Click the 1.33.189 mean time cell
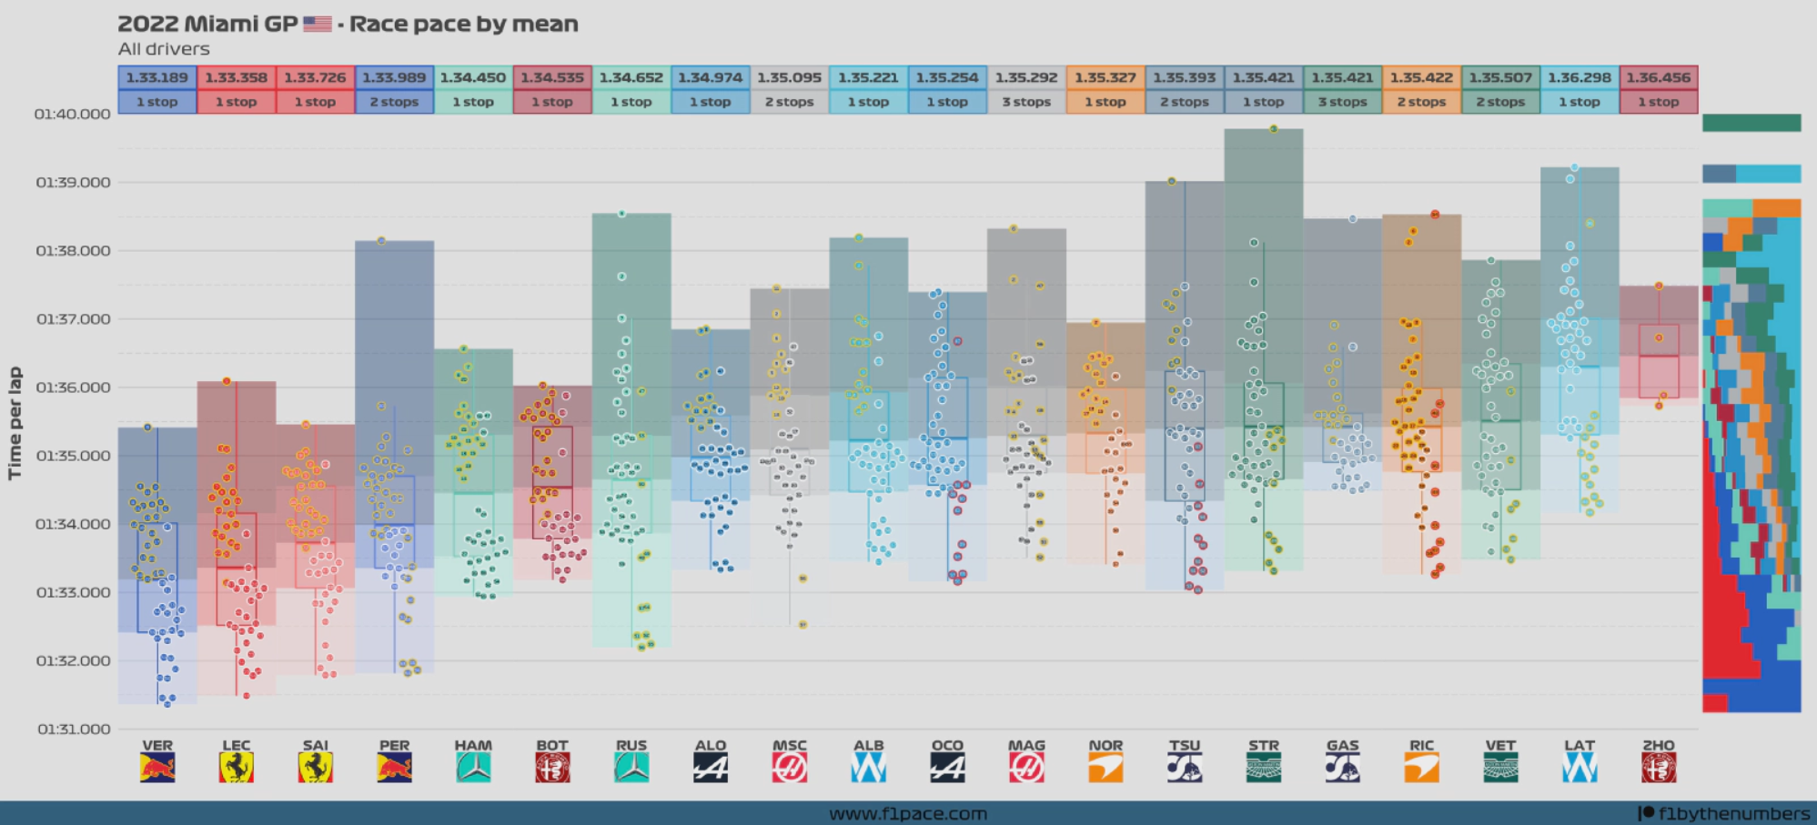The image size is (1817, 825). pyautogui.click(x=156, y=77)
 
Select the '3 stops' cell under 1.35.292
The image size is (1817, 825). pyautogui.click(x=1026, y=102)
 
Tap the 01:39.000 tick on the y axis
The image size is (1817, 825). pyautogui.click(x=73, y=182)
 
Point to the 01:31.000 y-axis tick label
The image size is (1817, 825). pyautogui.click(x=73, y=729)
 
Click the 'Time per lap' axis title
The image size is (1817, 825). pyautogui.click(x=15, y=422)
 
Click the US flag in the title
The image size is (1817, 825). pyautogui.click(x=317, y=24)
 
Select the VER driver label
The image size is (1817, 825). pyautogui.click(x=157, y=745)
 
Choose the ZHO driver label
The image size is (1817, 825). pyautogui.click(x=1659, y=745)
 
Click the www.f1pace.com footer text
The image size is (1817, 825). pyautogui.click(x=907, y=813)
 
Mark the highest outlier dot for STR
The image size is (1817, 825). pyautogui.click(x=1273, y=129)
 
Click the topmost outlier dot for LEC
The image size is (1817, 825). pyautogui.click(x=227, y=381)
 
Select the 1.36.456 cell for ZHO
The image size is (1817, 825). pyautogui.click(x=1659, y=77)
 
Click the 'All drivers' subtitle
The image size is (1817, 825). pyautogui.click(x=164, y=49)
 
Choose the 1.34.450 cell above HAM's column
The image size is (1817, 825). pyautogui.click(x=473, y=77)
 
